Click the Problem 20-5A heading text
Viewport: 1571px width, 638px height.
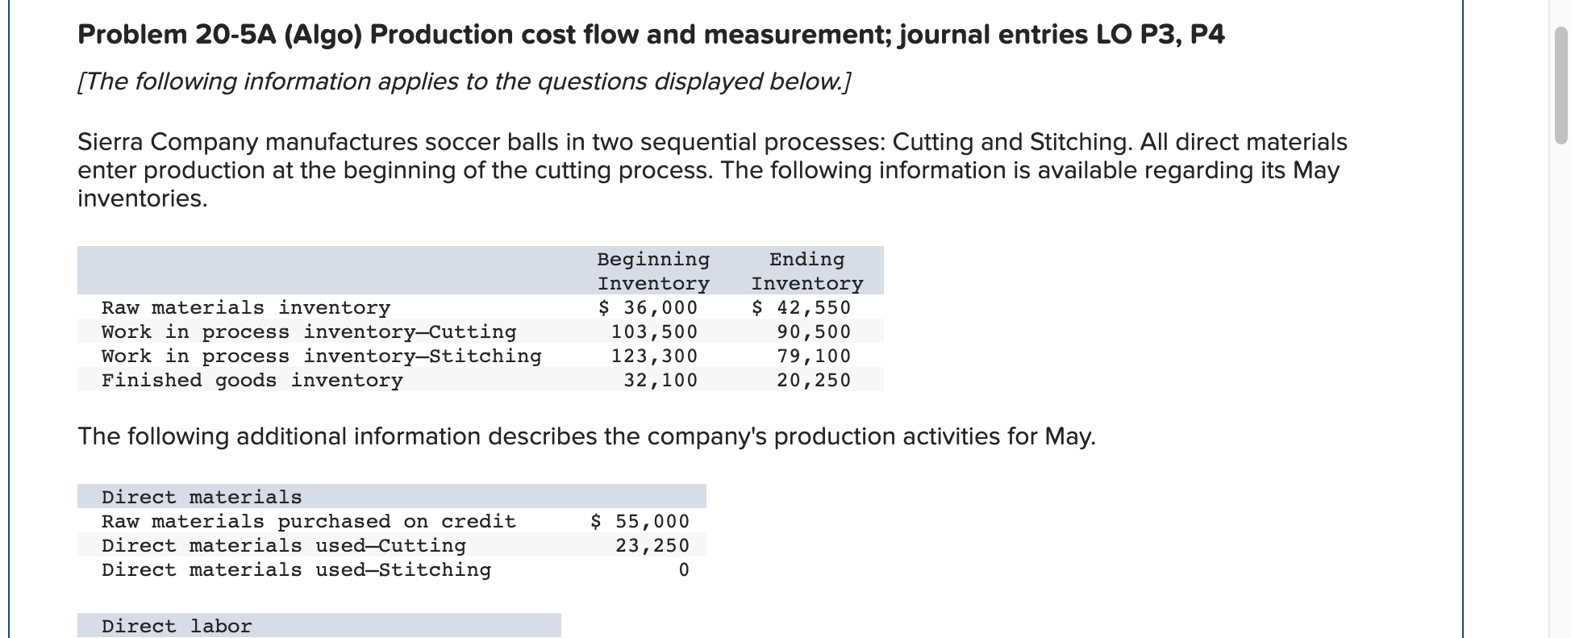[650, 35]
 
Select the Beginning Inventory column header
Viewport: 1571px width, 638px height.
[653, 271]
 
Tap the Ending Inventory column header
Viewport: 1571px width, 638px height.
[806, 271]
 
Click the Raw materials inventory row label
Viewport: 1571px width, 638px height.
[245, 308]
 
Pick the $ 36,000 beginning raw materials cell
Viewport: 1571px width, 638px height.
[648, 308]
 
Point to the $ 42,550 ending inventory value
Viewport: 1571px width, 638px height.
[801, 308]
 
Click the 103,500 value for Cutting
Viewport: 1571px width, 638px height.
[654, 332]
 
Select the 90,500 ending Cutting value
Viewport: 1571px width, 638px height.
[814, 332]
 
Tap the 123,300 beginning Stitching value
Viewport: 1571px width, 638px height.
[654, 357]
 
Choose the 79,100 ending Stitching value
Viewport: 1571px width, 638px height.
[814, 357]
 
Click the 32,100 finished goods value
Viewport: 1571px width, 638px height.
[660, 381]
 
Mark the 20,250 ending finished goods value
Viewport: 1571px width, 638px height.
[814, 381]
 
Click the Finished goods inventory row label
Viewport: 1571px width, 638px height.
[252, 381]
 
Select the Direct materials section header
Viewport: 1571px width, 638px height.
[202, 497]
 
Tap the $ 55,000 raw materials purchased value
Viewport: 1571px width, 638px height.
[640, 522]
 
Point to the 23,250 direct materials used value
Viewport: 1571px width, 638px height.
[652, 546]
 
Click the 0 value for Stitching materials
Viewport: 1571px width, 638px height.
[684, 570]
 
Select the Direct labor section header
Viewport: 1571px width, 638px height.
[177, 626]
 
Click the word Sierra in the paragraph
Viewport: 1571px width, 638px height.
[110, 142]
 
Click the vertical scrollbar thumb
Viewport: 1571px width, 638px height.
[1561, 85]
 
